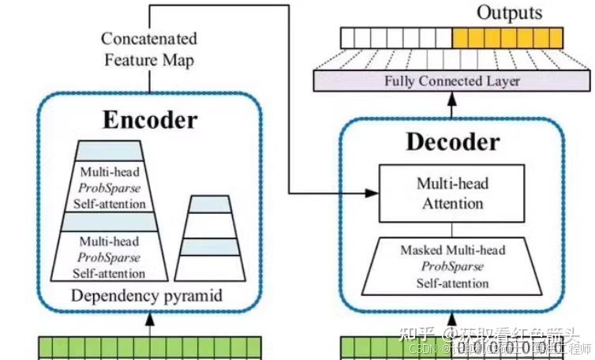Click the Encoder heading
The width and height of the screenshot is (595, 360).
coord(150,120)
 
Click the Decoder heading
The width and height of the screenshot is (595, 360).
coord(452,141)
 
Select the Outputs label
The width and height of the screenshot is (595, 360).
coord(509,13)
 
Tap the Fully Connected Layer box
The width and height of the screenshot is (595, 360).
coord(451,81)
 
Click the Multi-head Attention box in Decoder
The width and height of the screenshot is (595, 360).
coord(451,193)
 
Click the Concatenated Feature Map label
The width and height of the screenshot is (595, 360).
coord(149,49)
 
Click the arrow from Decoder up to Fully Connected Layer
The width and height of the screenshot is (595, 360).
coord(451,102)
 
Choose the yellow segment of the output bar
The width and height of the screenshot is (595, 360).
coord(507,37)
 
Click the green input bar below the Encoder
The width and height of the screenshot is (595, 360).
coord(150,347)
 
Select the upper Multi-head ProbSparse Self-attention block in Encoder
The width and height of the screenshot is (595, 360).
coord(110,187)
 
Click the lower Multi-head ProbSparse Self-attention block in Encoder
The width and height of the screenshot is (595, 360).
coord(110,255)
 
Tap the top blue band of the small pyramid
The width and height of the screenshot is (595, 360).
coord(210,204)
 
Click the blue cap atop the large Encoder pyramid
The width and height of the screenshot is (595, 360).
coord(110,151)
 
